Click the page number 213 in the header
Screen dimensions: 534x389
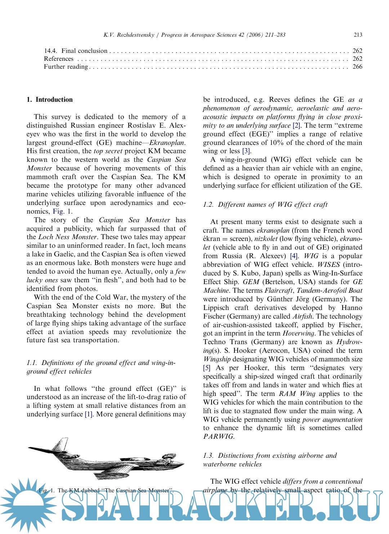tap(358, 35)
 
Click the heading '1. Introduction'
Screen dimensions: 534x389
tap(50, 100)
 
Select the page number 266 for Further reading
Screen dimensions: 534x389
tap(357, 67)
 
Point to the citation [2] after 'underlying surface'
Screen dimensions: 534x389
tap(296, 125)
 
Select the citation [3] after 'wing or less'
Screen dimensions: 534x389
tap(246, 151)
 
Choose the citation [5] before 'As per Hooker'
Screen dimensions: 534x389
tap(207, 368)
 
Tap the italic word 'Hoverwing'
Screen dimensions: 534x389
tap(299, 333)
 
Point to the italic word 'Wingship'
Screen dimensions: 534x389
tap(217, 359)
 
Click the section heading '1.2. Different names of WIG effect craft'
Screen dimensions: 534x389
tap(265, 205)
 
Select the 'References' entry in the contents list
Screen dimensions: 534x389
tap(59, 59)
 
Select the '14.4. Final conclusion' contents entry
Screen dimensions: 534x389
tap(76, 51)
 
